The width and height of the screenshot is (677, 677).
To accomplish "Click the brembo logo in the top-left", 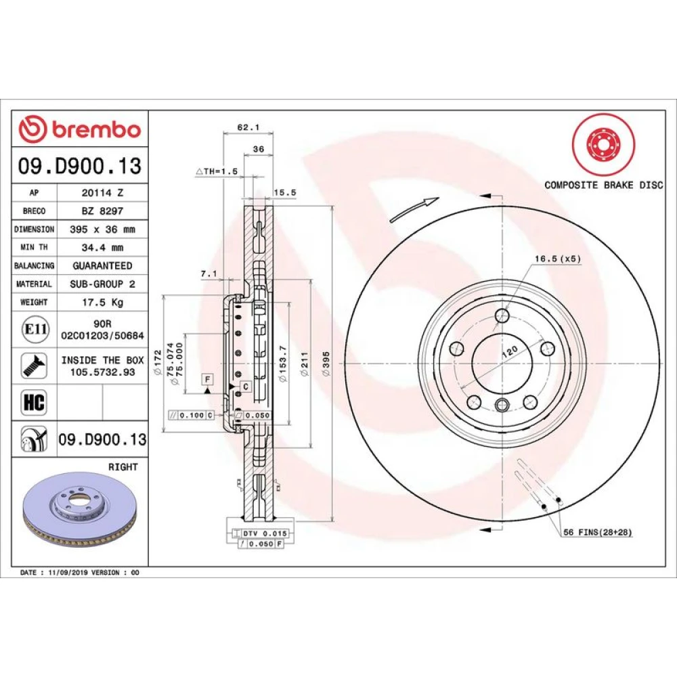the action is [x=80, y=129].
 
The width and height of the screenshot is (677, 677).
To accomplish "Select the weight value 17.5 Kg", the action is [x=103, y=302].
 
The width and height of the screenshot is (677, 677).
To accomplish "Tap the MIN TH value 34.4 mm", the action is [x=103, y=248].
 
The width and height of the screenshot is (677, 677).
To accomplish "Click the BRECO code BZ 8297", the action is [x=103, y=211].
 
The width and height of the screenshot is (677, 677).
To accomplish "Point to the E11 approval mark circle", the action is [x=35, y=330].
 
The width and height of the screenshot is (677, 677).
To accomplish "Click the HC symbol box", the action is [x=34, y=402].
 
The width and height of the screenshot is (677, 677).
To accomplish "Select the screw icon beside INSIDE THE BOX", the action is [x=34, y=366].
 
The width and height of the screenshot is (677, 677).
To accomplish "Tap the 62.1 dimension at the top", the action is [x=248, y=127].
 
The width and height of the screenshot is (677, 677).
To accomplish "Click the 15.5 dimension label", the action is [x=284, y=192].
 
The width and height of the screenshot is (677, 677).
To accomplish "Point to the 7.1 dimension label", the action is [x=209, y=274].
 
